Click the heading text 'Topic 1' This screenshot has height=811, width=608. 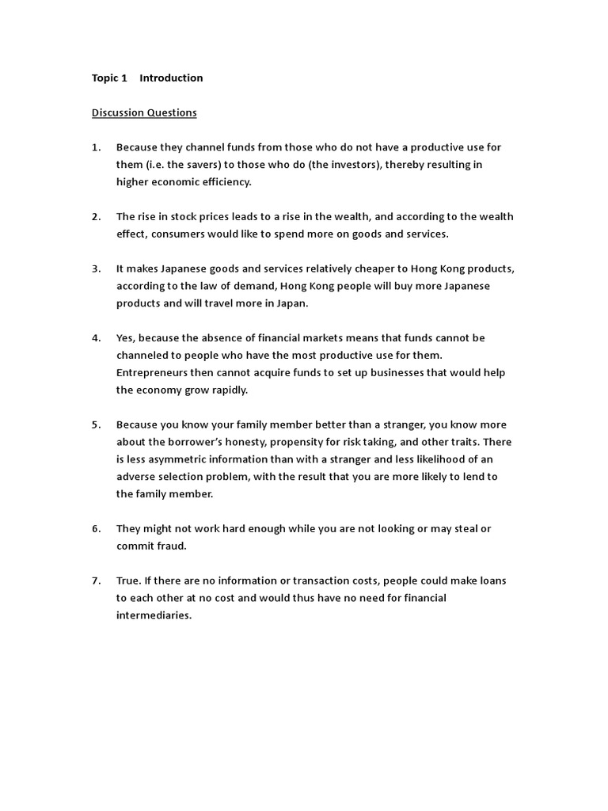coord(109,78)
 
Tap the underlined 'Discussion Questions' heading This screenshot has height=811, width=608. coord(144,112)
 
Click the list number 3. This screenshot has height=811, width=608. coord(96,268)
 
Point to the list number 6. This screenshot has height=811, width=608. coord(96,528)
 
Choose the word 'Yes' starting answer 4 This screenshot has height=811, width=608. coord(125,337)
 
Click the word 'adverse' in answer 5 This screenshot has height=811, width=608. coord(135,477)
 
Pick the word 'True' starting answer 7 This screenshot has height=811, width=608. coord(128,581)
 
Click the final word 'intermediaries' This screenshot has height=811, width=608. coord(153,615)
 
